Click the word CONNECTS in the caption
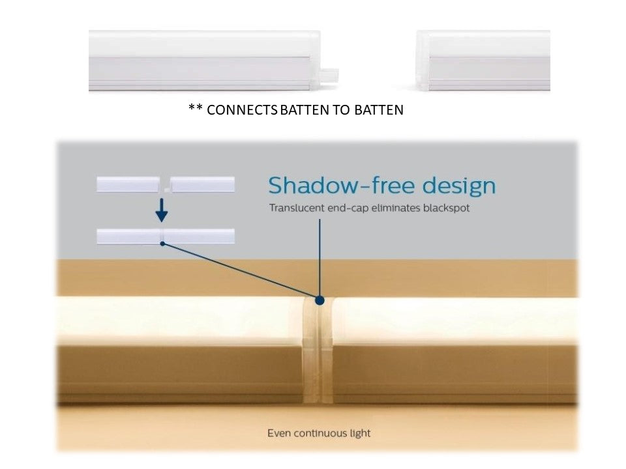point(242,109)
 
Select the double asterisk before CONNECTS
point(196,107)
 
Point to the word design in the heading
point(459,186)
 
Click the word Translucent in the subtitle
point(297,208)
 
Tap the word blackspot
point(446,208)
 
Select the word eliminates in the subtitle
point(396,208)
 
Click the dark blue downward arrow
point(161,210)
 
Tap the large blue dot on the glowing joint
point(320,300)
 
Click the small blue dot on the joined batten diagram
point(162,243)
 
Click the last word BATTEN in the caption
point(379,109)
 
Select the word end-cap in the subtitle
point(348,208)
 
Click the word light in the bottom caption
point(361,434)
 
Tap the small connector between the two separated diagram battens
point(165,190)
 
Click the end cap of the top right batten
point(423,61)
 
